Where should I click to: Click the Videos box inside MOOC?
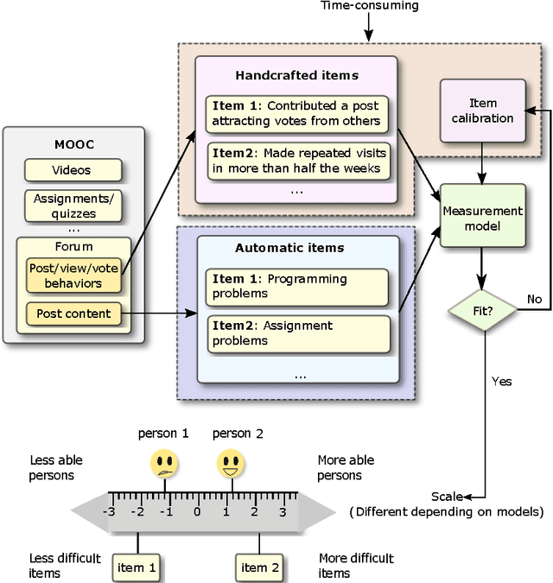[72, 170]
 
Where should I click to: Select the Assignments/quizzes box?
[72, 205]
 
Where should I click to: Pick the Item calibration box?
[482, 111]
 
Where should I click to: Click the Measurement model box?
[482, 216]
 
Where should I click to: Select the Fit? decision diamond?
[482, 307]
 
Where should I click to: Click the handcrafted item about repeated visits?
[297, 161]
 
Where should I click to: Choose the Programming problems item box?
[297, 287]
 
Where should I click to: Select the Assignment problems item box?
[297, 333]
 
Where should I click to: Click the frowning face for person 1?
[165, 464]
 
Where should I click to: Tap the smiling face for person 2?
[230, 464]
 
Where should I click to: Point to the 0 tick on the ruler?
[196, 511]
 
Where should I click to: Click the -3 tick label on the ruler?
[110, 511]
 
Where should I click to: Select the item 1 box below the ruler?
[137, 567]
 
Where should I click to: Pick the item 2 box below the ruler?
[259, 567]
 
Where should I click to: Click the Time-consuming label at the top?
[370, 5]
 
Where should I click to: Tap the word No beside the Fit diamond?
[535, 299]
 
